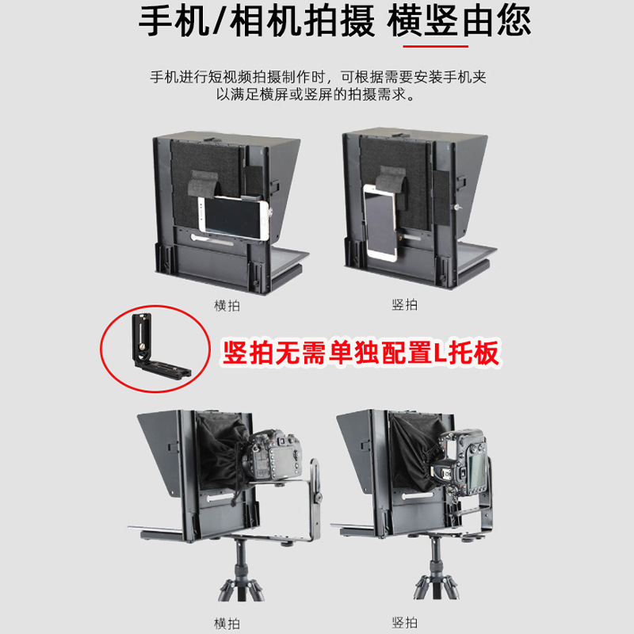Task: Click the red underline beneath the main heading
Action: (x=435, y=46)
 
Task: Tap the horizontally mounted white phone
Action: (x=234, y=218)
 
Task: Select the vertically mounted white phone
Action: (x=380, y=222)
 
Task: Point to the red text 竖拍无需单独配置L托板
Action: (x=361, y=353)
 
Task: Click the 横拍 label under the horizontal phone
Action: (x=227, y=305)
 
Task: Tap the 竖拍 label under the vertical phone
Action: (x=404, y=304)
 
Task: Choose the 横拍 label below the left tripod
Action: (x=227, y=623)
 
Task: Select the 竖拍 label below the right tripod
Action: (x=404, y=622)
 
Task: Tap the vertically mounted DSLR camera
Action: (x=461, y=463)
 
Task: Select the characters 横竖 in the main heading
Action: (x=422, y=22)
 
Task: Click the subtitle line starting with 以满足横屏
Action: (x=315, y=94)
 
